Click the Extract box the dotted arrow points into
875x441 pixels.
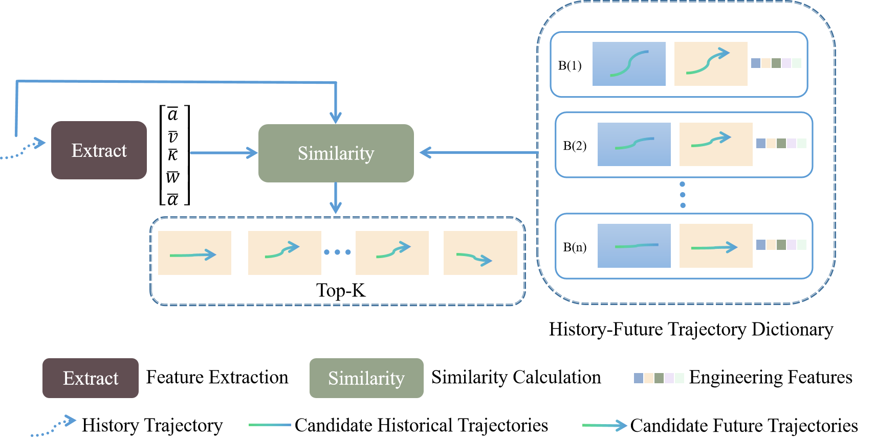(99, 150)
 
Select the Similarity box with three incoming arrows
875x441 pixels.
(336, 153)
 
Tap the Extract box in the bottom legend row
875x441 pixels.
(91, 378)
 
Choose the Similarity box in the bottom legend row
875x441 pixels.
(366, 378)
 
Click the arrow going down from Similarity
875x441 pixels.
(336, 198)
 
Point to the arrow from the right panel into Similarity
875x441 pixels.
(478, 152)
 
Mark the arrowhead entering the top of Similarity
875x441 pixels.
(336, 118)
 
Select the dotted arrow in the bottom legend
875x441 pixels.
(54, 427)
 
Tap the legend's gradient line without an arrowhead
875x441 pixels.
(270, 425)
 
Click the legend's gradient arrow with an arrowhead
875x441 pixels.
(605, 425)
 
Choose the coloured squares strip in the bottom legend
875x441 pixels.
(659, 378)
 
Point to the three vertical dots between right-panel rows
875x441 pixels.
(683, 195)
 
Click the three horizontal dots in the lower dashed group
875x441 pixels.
(338, 252)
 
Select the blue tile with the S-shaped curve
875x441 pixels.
(629, 64)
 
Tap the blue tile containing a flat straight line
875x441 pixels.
(634, 246)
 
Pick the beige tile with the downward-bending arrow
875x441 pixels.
(480, 253)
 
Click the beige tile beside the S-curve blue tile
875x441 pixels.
(711, 64)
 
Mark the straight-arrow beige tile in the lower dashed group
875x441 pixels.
(194, 253)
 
